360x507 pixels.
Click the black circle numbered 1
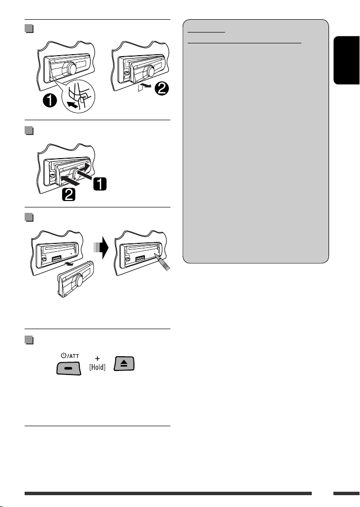pyautogui.click(x=50, y=101)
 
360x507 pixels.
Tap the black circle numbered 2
pyautogui.click(x=162, y=88)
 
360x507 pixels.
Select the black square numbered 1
pyautogui.click(x=100, y=184)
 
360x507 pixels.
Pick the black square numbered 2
pyautogui.click(x=69, y=195)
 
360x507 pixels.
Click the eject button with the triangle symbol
pyautogui.click(x=124, y=364)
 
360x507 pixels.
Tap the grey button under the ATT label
pyautogui.click(x=69, y=368)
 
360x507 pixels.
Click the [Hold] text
pyautogui.click(x=98, y=367)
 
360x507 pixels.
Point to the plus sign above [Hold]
pyautogui.click(x=98, y=358)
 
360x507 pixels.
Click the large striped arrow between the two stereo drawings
pyautogui.click(x=101, y=247)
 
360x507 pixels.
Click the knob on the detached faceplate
pyautogui.click(x=78, y=280)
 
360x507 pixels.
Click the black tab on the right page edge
pyautogui.click(x=347, y=60)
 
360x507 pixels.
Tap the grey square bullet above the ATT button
pyautogui.click(x=29, y=340)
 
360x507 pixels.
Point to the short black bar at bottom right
pyautogui.click(x=346, y=493)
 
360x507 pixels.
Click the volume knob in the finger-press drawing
pyautogui.click(x=71, y=68)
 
